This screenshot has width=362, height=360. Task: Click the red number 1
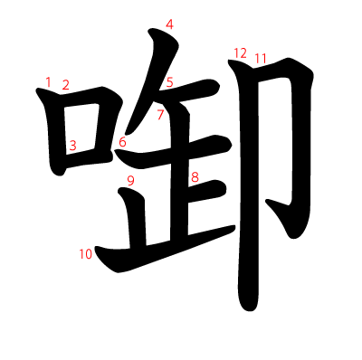(x=48, y=81)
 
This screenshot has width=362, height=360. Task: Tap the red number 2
(x=65, y=85)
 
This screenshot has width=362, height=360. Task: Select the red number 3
(x=72, y=146)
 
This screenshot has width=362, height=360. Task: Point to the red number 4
(x=169, y=24)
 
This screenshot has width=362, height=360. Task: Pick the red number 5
(x=170, y=82)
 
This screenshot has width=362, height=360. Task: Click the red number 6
(x=122, y=142)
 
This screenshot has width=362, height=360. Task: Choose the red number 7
(x=160, y=115)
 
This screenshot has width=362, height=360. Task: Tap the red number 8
(x=195, y=177)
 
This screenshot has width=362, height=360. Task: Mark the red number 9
(x=130, y=181)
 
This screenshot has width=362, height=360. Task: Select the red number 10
(x=86, y=254)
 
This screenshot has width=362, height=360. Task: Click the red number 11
(x=261, y=59)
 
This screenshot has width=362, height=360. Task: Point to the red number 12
(x=241, y=53)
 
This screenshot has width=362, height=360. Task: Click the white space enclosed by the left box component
(x=81, y=129)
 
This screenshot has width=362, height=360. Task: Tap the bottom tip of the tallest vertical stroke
(x=249, y=310)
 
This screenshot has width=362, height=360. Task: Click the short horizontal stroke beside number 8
(x=206, y=191)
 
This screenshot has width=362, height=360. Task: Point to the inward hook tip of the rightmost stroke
(x=267, y=201)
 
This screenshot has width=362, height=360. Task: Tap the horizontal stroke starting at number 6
(x=174, y=152)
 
